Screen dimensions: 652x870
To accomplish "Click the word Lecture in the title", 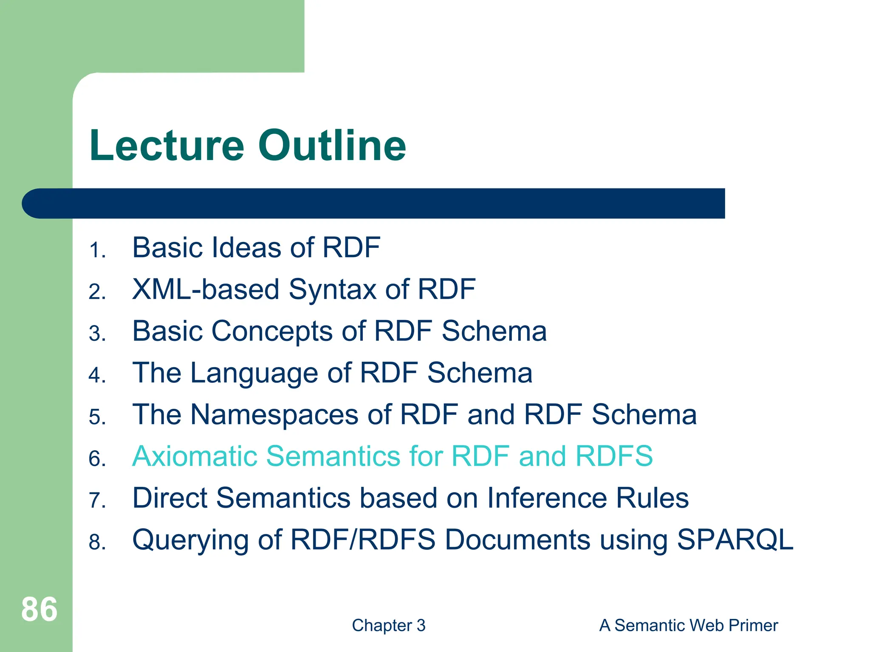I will [x=167, y=146].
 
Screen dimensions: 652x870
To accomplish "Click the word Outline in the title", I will [x=332, y=146].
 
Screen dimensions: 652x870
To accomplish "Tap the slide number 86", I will [x=39, y=610].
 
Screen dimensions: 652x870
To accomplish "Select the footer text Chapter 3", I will [x=388, y=626].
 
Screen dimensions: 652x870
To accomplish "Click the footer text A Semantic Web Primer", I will [x=688, y=626].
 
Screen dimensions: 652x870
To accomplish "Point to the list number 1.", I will [x=97, y=250].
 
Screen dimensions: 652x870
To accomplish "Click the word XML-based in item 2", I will [x=205, y=290].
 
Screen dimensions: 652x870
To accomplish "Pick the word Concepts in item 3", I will [x=272, y=332].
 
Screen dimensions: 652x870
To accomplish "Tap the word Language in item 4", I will [x=254, y=374].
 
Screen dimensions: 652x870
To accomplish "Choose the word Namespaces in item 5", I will [x=274, y=415].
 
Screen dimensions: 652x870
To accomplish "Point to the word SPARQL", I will [x=734, y=540].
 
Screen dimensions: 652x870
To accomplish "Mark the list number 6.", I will [x=97, y=459].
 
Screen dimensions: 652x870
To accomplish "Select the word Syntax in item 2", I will [x=332, y=290].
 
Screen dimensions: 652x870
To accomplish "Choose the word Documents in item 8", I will [x=517, y=540].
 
